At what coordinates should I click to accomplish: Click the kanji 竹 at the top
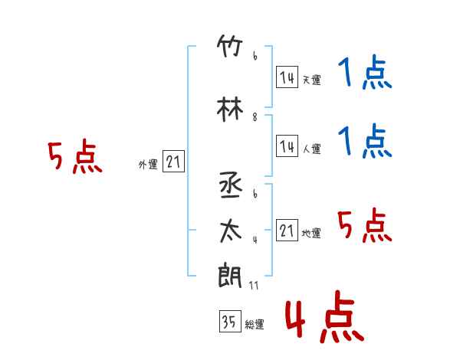230,46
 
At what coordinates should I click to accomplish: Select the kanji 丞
231,185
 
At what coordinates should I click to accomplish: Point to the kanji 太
231,231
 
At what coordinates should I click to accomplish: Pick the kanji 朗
230,275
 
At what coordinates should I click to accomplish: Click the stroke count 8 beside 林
255,117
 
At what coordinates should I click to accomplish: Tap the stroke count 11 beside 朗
254,286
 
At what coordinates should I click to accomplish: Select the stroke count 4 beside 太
255,240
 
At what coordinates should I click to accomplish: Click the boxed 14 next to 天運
287,77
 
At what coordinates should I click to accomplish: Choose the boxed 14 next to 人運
287,146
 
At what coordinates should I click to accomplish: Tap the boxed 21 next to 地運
287,230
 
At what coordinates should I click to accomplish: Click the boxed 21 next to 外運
173,162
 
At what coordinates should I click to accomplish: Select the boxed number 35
230,321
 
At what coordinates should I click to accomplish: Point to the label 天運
311,80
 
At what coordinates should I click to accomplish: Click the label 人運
311,149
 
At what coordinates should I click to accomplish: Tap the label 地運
311,234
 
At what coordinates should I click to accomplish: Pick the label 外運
148,165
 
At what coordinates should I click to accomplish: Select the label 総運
255,325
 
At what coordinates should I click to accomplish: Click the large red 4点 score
324,316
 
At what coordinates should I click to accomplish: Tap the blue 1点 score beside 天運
365,72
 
